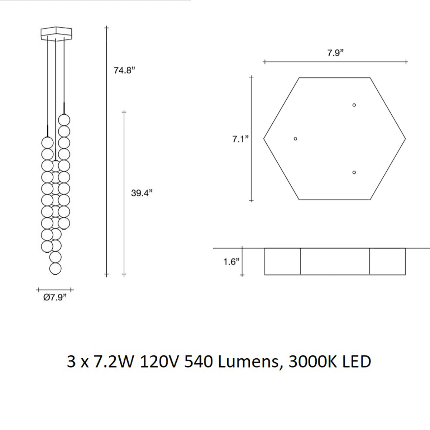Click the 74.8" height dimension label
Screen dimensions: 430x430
coord(124,71)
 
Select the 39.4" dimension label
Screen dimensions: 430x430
coord(142,193)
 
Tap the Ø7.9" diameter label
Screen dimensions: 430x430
coord(55,297)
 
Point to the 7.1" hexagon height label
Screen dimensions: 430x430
coord(240,139)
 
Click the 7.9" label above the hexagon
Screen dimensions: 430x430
coord(335,53)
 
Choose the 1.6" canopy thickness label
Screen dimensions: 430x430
coord(231,262)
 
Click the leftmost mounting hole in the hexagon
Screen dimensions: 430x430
coord(295,139)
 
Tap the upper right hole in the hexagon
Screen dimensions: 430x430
coord(354,105)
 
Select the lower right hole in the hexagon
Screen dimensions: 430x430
coord(354,172)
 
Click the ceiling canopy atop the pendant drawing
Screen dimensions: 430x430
coord(57,34)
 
